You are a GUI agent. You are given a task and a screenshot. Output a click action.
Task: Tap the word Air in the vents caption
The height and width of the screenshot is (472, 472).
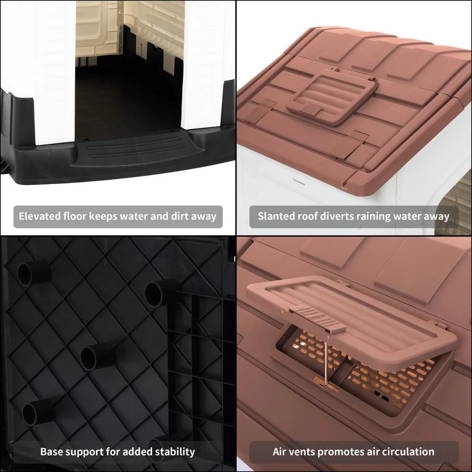[x=279, y=452]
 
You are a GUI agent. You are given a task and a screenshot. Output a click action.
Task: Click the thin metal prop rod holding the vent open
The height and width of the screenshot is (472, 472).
[x=326, y=359]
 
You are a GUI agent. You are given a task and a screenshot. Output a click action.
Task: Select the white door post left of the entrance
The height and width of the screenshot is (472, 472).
[x=54, y=72]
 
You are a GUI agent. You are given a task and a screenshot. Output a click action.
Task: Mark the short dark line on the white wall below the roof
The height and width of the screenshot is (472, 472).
[x=299, y=182]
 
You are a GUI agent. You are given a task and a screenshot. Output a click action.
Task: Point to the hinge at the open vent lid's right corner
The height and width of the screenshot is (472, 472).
[x=440, y=325]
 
